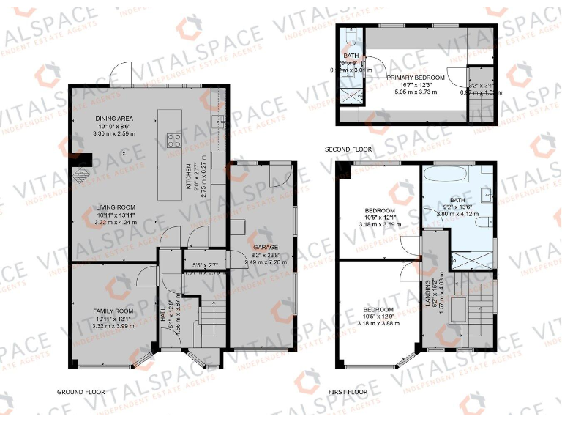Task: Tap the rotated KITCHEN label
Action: (x=188, y=177)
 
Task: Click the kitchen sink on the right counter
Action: (x=216, y=121)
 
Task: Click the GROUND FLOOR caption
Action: (x=80, y=392)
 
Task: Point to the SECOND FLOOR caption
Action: (x=348, y=149)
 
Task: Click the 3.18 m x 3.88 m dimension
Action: (x=378, y=323)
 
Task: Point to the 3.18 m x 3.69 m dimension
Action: (x=378, y=223)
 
